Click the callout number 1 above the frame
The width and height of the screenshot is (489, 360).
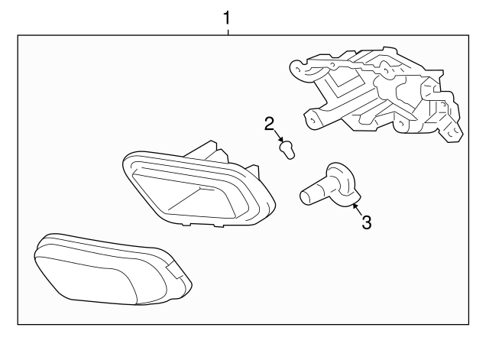[227, 18]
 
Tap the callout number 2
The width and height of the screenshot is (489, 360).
[269, 124]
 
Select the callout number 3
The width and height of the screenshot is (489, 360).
[367, 222]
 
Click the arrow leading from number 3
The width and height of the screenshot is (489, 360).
[358, 209]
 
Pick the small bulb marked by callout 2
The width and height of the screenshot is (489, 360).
[287, 150]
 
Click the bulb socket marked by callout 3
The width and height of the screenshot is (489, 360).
[330, 185]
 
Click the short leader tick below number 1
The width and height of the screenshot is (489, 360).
[228, 32]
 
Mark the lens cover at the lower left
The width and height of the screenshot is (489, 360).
[113, 269]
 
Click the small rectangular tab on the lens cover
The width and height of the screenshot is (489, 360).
[175, 270]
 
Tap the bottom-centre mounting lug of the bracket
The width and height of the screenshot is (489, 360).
[402, 125]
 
